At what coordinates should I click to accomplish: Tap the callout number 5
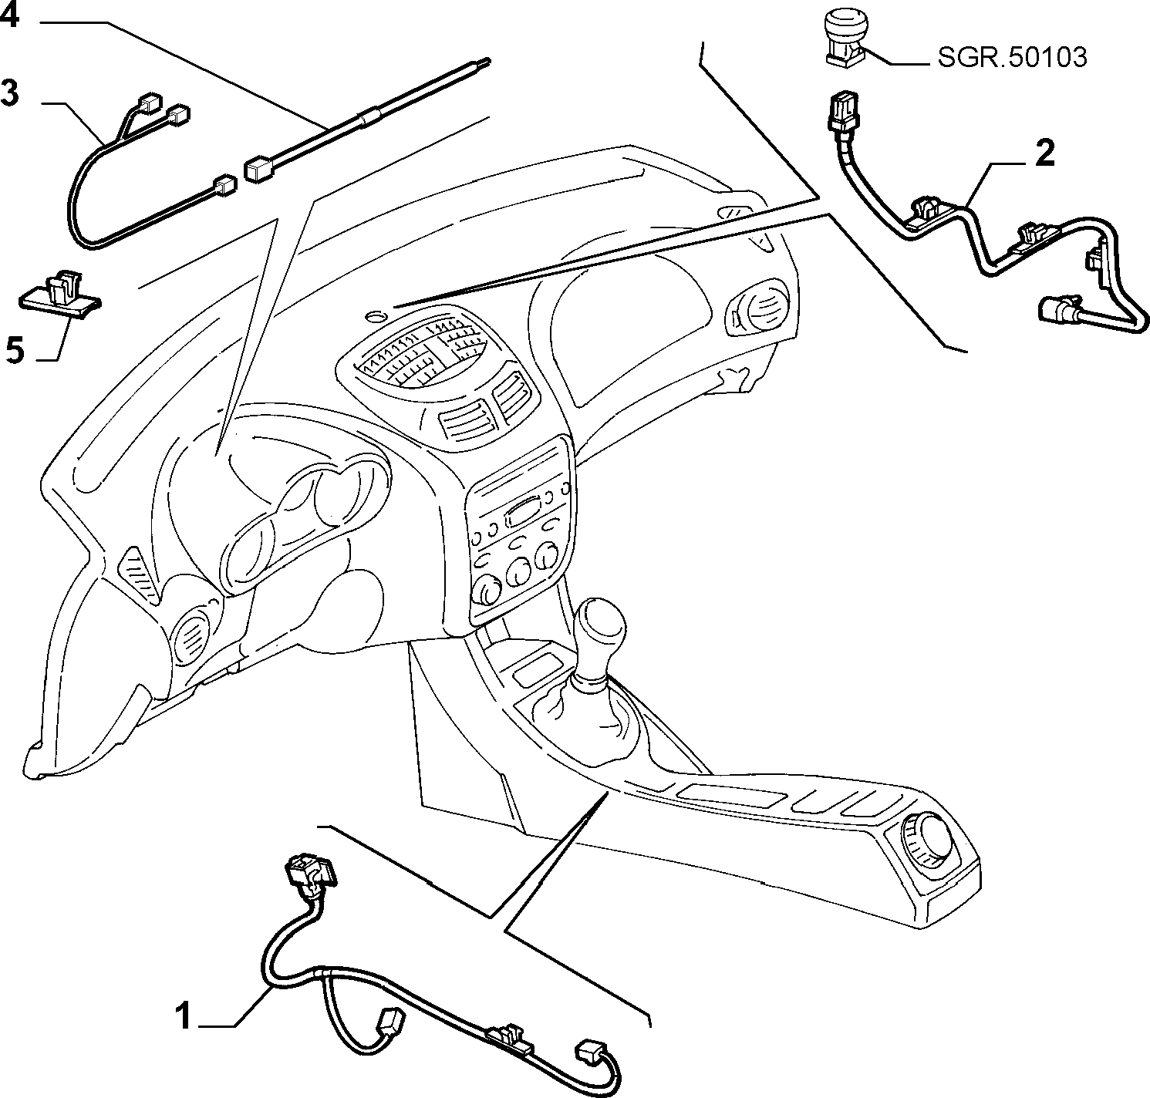(x=15, y=351)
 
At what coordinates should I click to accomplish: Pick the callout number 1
(x=183, y=1015)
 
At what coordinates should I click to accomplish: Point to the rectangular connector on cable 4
(x=260, y=168)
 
